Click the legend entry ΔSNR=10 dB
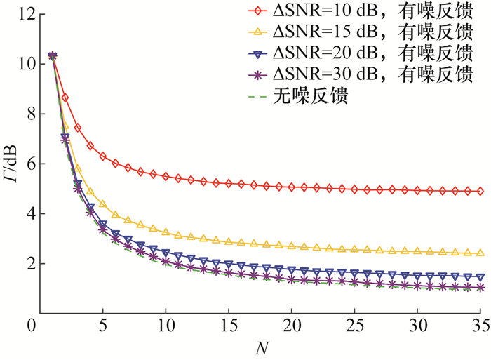point(365,11)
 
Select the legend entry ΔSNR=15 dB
point(365,32)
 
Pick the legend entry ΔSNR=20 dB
point(365,53)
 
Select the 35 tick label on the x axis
point(480,327)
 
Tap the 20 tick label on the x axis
point(291,327)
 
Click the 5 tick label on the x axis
point(103,327)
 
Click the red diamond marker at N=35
point(480,191)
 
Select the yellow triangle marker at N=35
point(480,253)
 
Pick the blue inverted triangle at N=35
point(480,277)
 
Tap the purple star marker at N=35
point(480,288)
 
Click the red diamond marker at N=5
point(103,156)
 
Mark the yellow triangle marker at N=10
point(166,232)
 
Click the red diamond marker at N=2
point(65,98)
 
